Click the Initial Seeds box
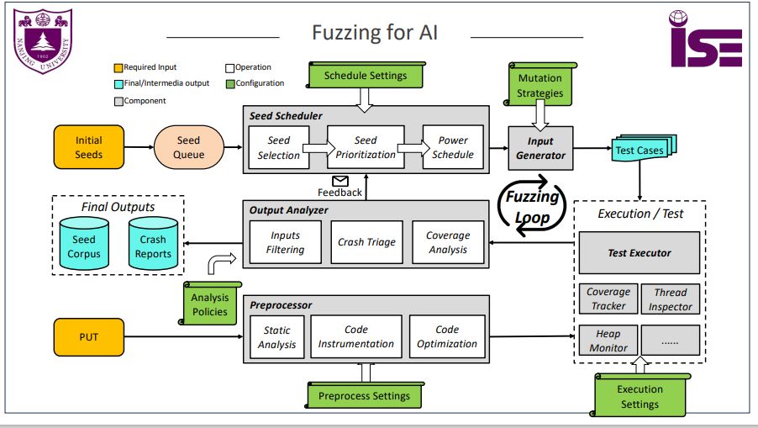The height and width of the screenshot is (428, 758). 88,147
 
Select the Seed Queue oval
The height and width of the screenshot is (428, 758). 188,147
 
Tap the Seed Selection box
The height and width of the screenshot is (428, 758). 278,147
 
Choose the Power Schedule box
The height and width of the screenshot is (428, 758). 453,147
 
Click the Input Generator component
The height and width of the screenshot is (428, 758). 540,148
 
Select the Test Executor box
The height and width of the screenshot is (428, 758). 640,252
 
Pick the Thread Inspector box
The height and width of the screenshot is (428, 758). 670,299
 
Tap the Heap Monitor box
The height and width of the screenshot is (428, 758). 608,341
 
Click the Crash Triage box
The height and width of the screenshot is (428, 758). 366,242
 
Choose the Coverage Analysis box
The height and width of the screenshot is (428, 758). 448,242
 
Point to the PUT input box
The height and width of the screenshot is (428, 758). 88,336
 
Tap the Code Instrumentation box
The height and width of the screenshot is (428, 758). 356,336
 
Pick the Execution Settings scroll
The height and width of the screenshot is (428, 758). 640,396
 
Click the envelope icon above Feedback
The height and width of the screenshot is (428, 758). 340,181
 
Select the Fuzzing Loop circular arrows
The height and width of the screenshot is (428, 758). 532,204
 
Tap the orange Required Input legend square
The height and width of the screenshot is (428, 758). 118,67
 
